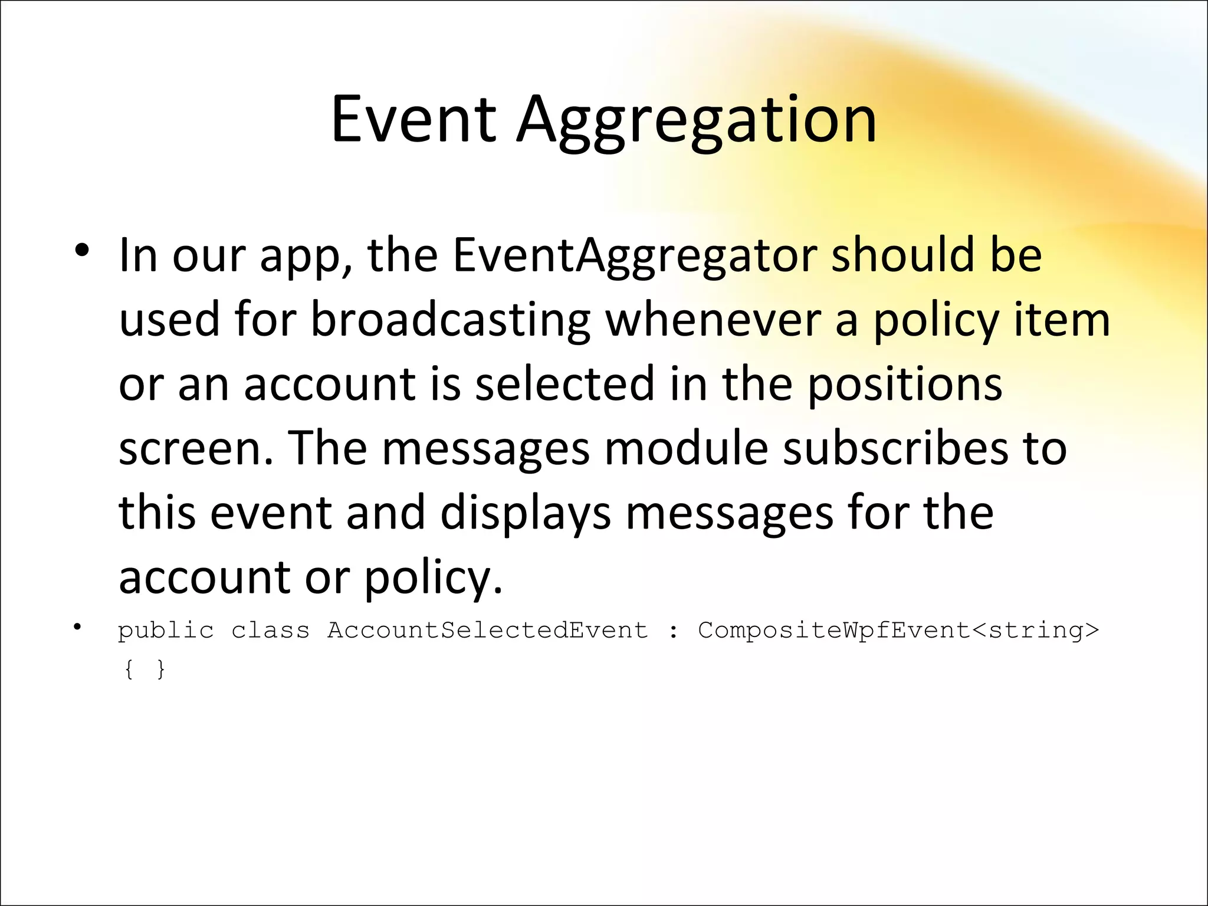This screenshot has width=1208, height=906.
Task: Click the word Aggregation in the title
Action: point(697,123)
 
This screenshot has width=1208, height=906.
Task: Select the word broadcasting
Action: point(451,321)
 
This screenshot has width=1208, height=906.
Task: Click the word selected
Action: point(565,384)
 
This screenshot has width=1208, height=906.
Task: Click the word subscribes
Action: point(895,448)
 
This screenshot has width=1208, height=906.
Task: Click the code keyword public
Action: point(166,631)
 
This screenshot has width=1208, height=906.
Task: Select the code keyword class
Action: point(270,630)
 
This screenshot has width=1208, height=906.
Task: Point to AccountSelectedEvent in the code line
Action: point(488,630)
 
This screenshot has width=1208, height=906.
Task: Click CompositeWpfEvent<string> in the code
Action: point(899,631)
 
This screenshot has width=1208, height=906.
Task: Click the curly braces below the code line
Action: point(145,669)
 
